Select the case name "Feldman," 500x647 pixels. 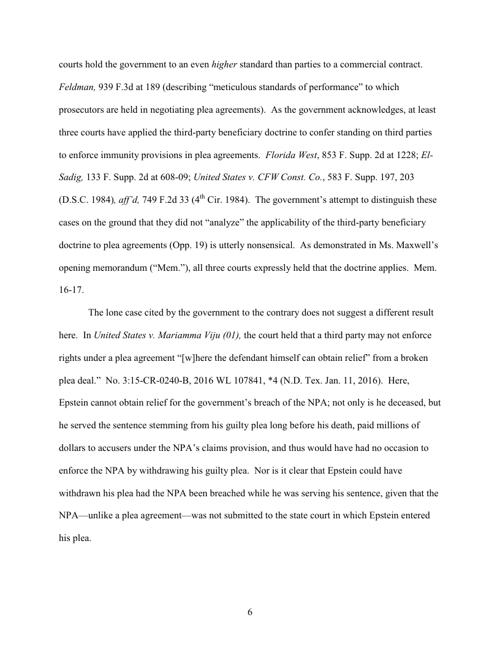pos(77,87)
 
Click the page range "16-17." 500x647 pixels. pos(71,290)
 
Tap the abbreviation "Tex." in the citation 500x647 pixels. pos(323,380)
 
